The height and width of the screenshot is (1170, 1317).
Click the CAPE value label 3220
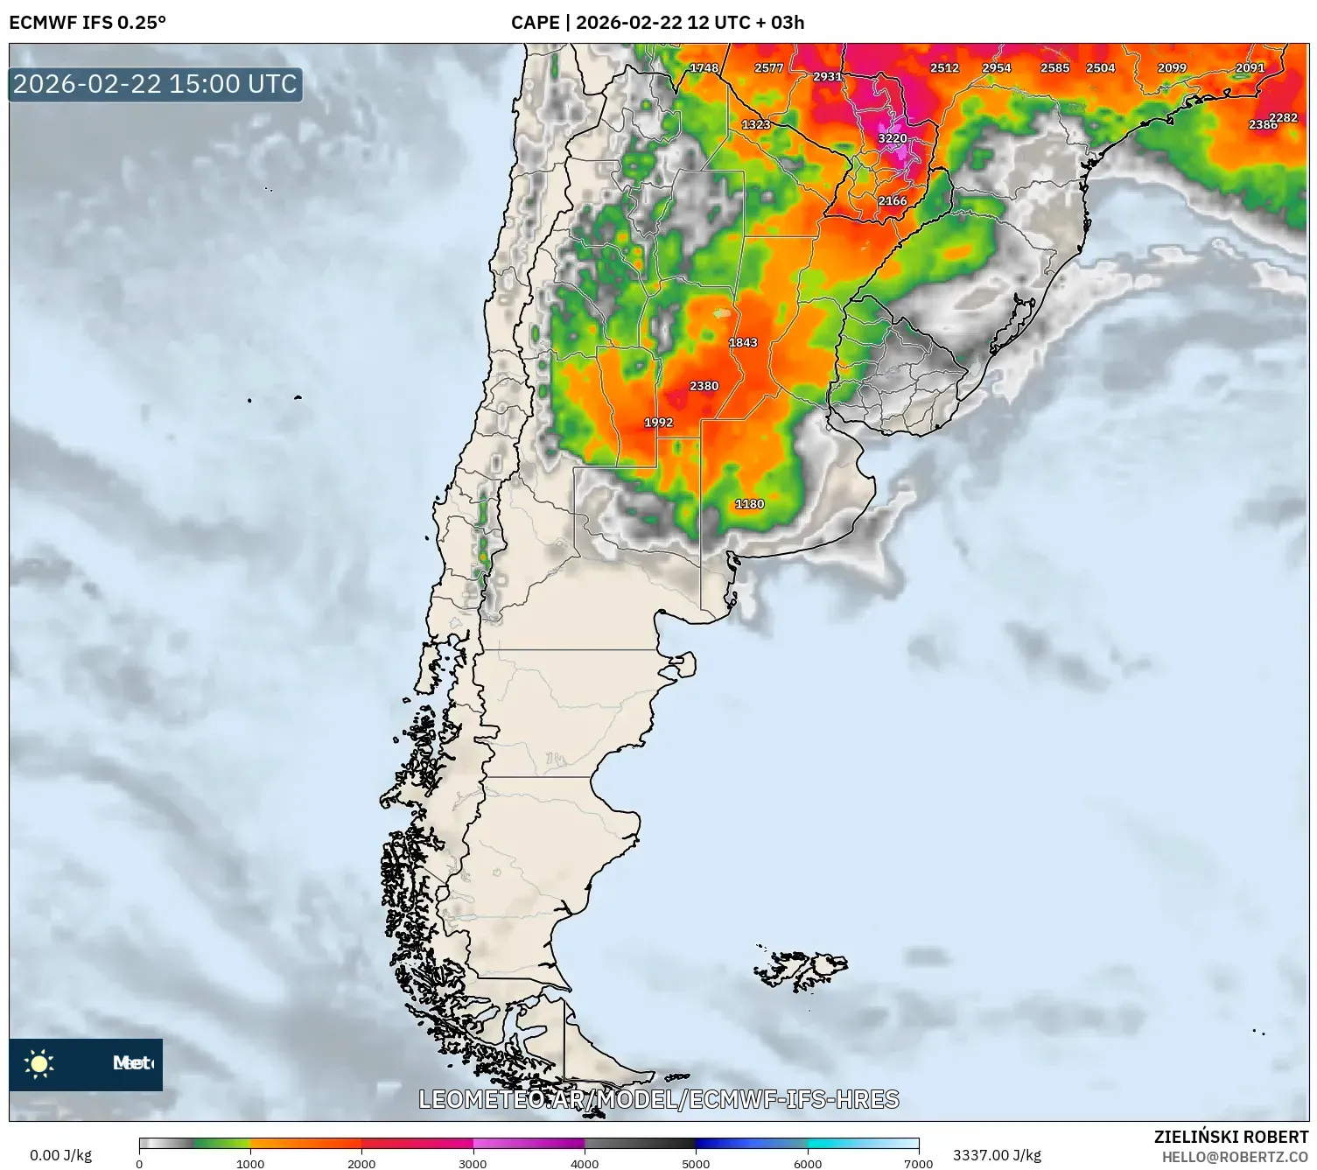tap(893, 138)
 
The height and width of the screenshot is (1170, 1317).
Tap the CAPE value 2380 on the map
tap(704, 386)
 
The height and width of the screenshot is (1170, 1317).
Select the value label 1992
tap(658, 422)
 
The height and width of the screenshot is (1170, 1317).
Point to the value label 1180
tap(749, 504)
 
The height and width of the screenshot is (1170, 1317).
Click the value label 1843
tap(743, 342)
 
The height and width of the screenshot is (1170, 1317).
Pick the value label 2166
tap(893, 200)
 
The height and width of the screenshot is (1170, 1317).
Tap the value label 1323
tap(756, 124)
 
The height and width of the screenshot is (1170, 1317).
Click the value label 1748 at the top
tap(704, 67)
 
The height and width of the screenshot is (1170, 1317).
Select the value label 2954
tap(996, 67)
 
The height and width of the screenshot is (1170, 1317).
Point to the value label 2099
tap(1172, 67)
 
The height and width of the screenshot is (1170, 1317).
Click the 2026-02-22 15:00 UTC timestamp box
tap(156, 84)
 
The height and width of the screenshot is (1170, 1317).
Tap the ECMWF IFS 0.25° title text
tap(88, 22)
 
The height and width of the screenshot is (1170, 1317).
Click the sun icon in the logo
tap(39, 1063)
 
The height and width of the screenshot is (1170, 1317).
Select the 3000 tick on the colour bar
tap(473, 1163)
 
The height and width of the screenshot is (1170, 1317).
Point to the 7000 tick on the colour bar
tap(918, 1163)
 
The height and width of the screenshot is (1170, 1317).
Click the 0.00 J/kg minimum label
tap(60, 1155)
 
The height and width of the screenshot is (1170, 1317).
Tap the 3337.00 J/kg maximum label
tap(997, 1155)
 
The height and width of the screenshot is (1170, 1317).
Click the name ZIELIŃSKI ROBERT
tap(1230, 1137)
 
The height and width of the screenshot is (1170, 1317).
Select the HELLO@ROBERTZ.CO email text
tap(1235, 1157)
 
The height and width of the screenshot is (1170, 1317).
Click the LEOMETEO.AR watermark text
tap(658, 1099)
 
